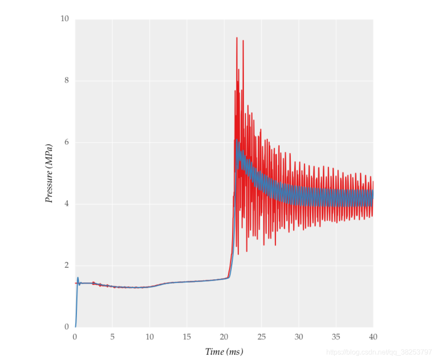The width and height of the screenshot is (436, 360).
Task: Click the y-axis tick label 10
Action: [x=65, y=19]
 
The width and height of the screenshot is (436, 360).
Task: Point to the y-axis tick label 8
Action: [x=66, y=80]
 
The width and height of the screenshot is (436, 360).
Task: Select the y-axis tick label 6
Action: [x=66, y=142]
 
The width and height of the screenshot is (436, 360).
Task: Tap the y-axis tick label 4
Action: [x=66, y=203]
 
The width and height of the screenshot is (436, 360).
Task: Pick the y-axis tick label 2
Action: [x=66, y=265]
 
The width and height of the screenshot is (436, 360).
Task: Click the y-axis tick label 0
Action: [x=66, y=327]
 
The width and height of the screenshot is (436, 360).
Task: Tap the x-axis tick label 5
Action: [x=112, y=337]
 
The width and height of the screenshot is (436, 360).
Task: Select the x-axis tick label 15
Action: [x=187, y=337]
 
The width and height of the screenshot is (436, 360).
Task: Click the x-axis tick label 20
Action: [x=224, y=337]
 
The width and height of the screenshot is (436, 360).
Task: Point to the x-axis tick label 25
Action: [x=261, y=337]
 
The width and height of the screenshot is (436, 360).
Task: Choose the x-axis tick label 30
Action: [x=298, y=337]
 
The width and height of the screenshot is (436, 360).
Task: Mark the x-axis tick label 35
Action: [x=336, y=337]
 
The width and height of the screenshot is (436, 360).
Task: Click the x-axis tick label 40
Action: [x=373, y=337]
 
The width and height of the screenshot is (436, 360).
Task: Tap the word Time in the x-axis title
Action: [x=215, y=352]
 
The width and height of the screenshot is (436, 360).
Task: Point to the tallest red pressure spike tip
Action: [x=236, y=38]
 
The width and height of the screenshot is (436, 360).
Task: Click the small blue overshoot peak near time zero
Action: [x=78, y=278]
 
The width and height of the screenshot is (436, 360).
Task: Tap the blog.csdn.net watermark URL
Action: [x=379, y=352]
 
